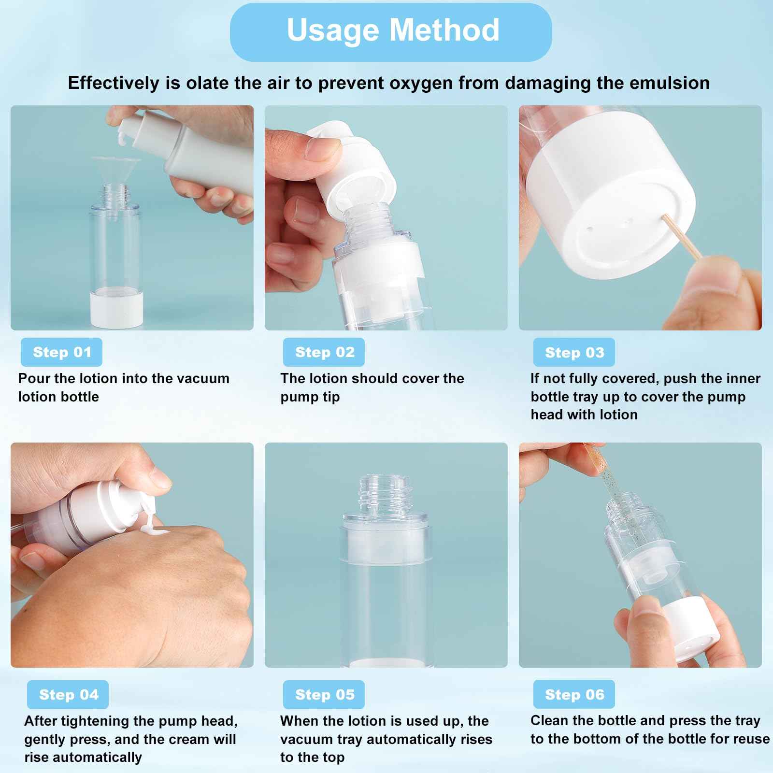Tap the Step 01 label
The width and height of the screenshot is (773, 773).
coord(62,352)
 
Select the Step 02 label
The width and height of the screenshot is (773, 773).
coord(324,352)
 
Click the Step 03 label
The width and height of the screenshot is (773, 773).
coord(574,352)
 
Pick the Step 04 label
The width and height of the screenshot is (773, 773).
coord(68,695)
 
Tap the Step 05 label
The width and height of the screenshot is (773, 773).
coord(324,695)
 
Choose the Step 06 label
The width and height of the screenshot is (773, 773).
coord(574,695)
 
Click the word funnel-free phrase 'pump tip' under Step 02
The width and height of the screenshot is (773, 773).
coord(310,397)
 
